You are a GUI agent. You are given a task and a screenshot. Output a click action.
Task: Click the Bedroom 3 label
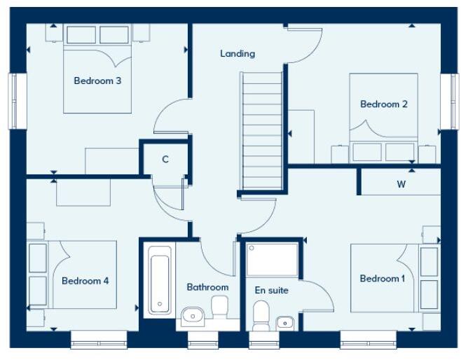(97, 81)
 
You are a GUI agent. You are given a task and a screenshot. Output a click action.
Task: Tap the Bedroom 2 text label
(384, 104)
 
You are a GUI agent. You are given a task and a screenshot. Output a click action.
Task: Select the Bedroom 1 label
(383, 279)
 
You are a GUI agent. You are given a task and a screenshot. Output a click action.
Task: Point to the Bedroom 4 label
(85, 281)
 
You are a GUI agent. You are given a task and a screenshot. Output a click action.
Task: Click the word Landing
(238, 53)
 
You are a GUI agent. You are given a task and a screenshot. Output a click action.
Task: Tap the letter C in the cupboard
(165, 159)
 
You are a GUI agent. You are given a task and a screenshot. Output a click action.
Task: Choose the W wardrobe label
(401, 185)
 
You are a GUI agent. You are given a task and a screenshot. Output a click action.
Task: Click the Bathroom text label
(207, 287)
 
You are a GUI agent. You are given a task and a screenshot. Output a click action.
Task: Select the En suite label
(272, 290)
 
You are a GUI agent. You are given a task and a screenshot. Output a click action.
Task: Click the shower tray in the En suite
(273, 259)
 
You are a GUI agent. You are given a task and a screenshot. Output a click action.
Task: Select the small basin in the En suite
(284, 322)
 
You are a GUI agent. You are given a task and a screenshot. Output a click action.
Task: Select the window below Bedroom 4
(99, 340)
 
